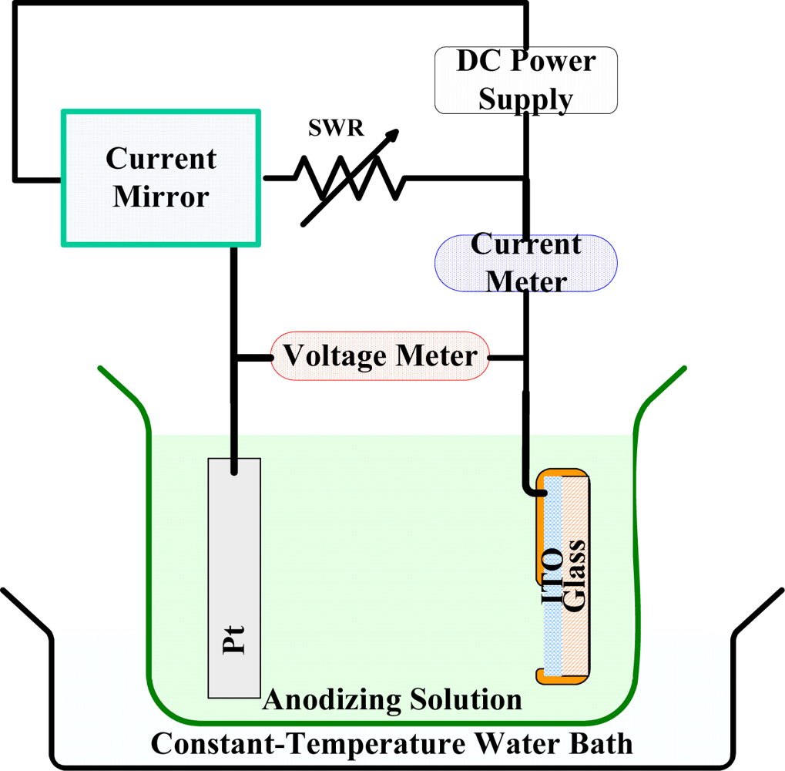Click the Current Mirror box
(x=161, y=178)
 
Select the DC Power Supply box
(x=525, y=80)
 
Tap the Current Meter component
(x=525, y=264)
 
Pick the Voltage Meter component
(x=380, y=356)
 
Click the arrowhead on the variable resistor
(x=393, y=136)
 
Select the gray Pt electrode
(x=234, y=578)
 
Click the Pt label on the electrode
(x=234, y=640)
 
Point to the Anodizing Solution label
(x=392, y=700)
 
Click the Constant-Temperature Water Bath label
(x=391, y=744)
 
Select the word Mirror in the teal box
(x=161, y=197)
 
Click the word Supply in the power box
(x=525, y=99)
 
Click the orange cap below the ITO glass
(x=562, y=677)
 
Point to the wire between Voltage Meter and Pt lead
(x=253, y=358)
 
